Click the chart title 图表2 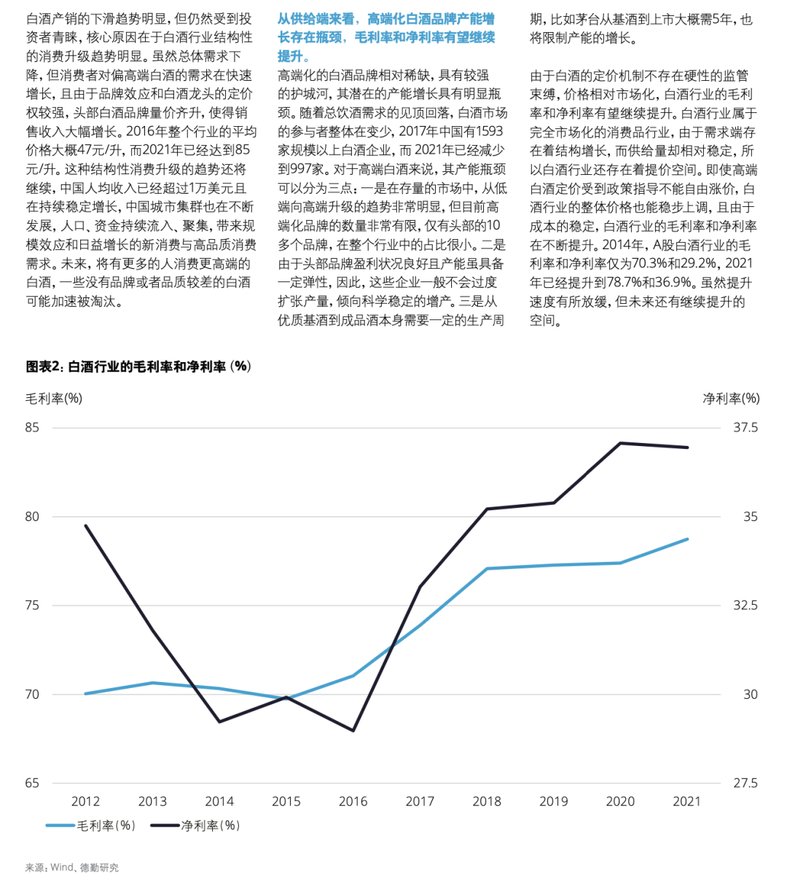coord(138,367)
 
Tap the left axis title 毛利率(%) coord(54,398)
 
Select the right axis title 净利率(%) coord(731,398)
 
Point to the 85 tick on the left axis coord(32,427)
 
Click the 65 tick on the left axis coord(32,783)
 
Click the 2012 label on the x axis coord(85,802)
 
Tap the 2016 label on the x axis coord(353,802)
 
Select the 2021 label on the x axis coord(687,802)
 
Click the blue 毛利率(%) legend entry coord(91,826)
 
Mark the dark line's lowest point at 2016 coord(353,730)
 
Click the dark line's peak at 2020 coord(621,442)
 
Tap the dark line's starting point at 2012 coord(85,525)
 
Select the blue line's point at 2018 coord(487,568)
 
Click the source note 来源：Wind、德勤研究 coord(72,867)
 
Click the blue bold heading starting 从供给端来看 coord(386,37)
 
